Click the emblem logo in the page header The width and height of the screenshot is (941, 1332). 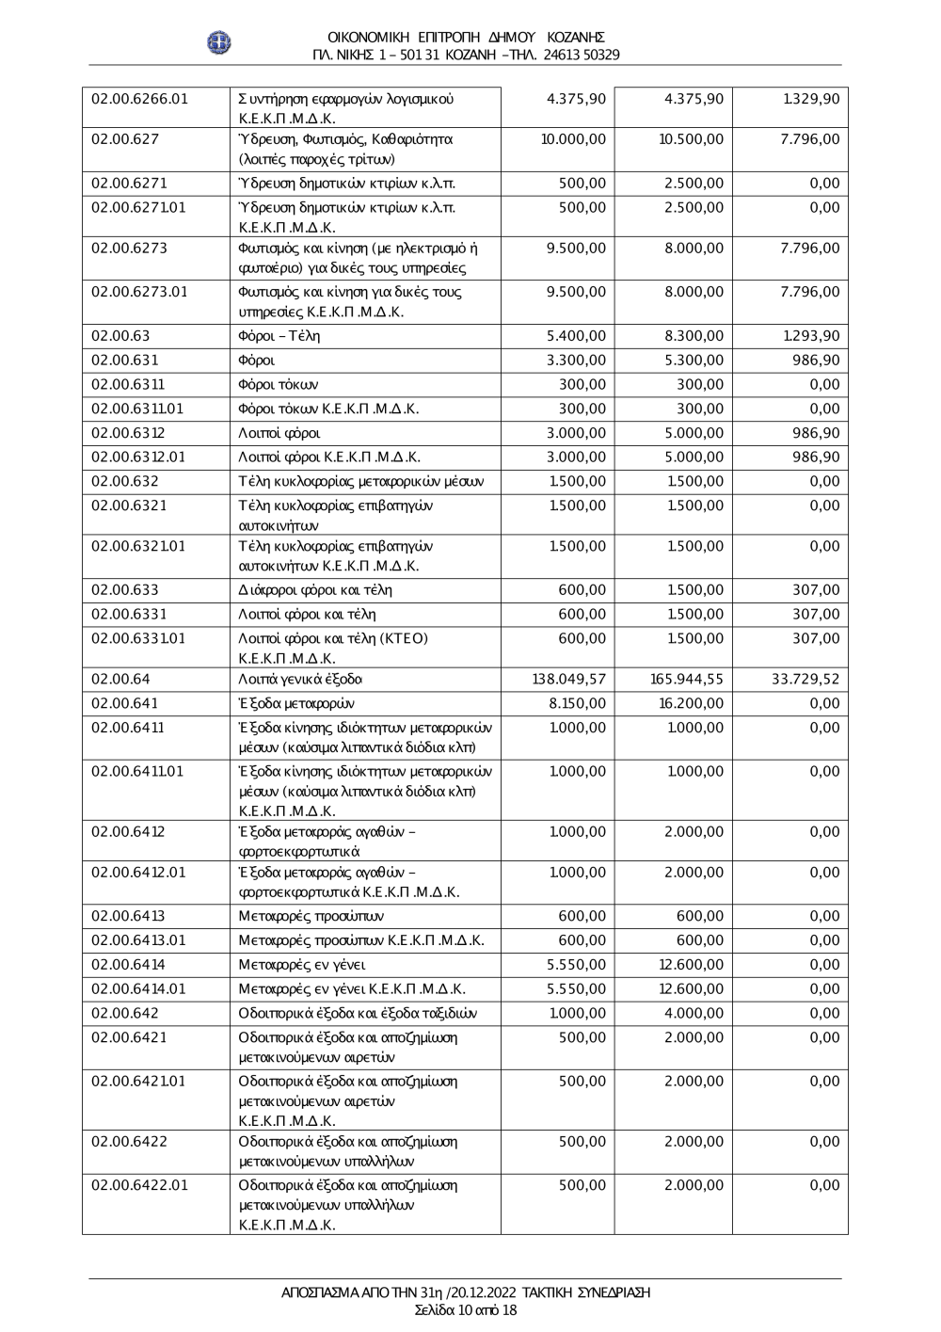(x=219, y=42)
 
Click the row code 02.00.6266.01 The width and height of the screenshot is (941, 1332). (x=139, y=99)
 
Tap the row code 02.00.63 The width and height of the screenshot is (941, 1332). (x=120, y=336)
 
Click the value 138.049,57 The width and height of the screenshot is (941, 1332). (x=569, y=679)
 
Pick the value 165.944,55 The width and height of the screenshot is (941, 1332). (x=687, y=679)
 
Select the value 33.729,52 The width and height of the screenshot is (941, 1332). (x=805, y=679)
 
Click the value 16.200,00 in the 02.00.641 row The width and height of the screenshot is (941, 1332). (x=691, y=703)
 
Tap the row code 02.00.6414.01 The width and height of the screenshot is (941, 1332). (x=139, y=988)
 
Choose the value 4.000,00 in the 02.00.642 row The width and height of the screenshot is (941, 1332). (x=694, y=1013)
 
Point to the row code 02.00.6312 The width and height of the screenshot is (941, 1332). (x=128, y=433)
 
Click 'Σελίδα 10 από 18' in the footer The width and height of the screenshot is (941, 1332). (x=466, y=1309)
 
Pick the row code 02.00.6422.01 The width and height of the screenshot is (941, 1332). (x=139, y=1185)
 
